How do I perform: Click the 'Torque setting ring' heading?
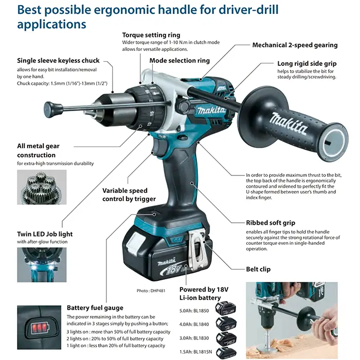(151, 35)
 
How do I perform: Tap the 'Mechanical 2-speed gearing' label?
(295, 45)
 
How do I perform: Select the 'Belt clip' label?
(258, 269)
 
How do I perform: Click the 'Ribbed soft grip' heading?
(271, 223)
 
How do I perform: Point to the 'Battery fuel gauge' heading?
(95, 308)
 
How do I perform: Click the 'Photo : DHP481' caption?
(151, 291)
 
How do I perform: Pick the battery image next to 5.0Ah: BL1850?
(226, 308)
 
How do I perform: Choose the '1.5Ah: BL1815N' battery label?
(195, 352)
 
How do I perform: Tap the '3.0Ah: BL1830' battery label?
(194, 338)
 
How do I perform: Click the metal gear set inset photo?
(42, 187)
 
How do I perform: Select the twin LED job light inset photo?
(42, 265)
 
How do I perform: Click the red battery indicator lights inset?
(39, 327)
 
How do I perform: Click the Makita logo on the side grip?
(289, 123)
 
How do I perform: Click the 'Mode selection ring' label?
(179, 61)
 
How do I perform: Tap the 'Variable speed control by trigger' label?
(129, 195)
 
